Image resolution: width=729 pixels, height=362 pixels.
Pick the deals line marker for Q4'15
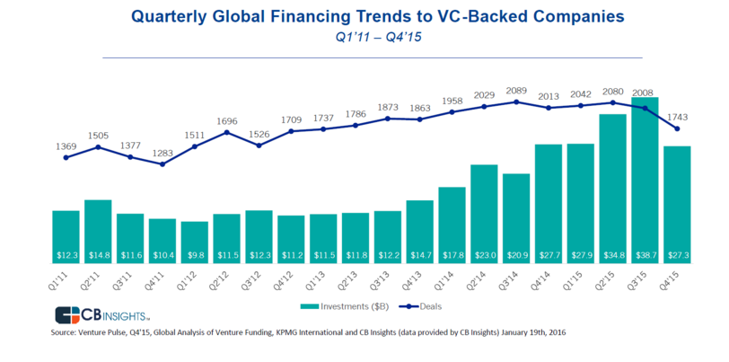tap(678, 128)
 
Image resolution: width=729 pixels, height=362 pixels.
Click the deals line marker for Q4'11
tap(162, 164)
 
